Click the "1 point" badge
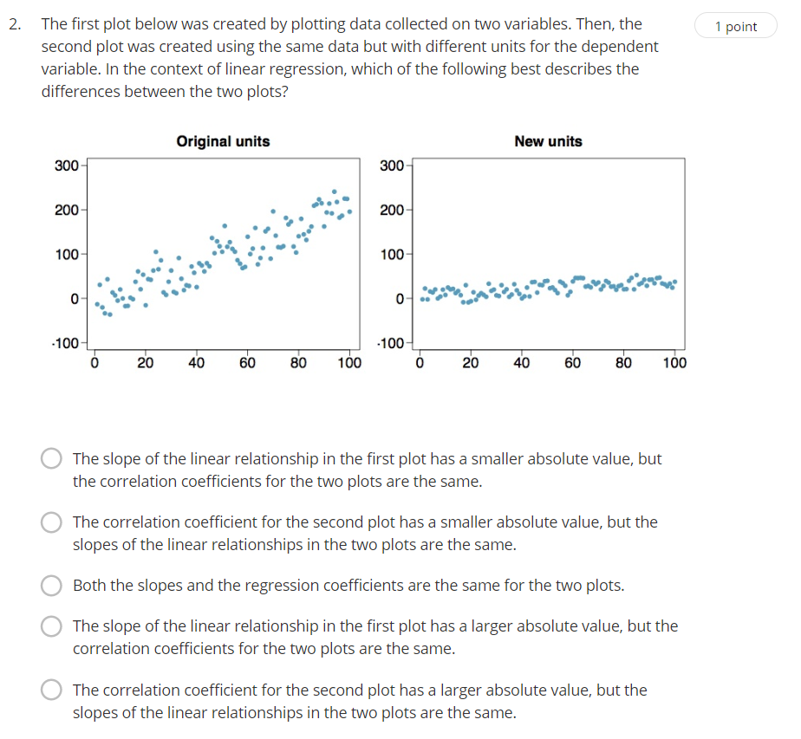click(x=736, y=27)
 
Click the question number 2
click(x=15, y=24)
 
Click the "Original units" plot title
click(x=223, y=141)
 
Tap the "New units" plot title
click(x=548, y=141)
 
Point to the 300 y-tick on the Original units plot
click(x=66, y=165)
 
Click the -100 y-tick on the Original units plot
click(x=65, y=343)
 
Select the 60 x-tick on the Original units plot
click(x=247, y=363)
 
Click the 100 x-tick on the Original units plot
click(x=349, y=363)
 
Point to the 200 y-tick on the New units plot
click(x=392, y=211)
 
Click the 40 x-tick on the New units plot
click(x=521, y=363)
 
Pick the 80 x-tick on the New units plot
click(x=623, y=363)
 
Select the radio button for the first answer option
click(x=52, y=459)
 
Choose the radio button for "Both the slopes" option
click(x=52, y=586)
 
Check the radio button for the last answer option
click(x=52, y=690)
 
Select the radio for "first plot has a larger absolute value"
click(x=52, y=626)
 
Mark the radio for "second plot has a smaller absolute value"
click(x=52, y=522)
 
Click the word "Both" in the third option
click(x=89, y=586)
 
